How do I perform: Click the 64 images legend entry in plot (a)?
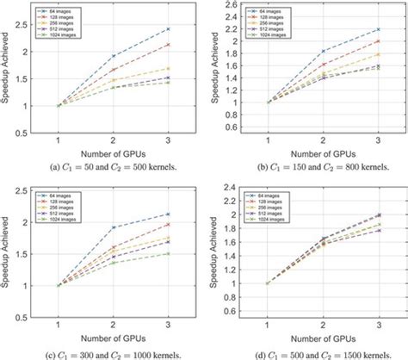pyautogui.click(x=56, y=8)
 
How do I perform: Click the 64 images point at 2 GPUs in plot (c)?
pyautogui.click(x=112, y=227)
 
